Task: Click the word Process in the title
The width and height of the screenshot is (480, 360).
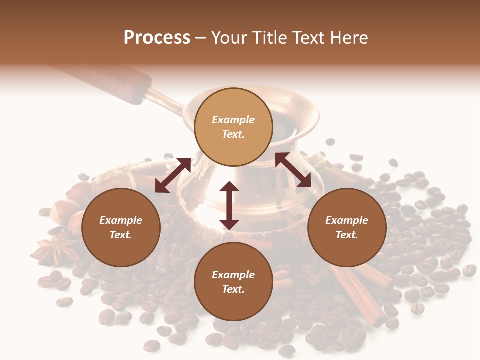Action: click(x=157, y=38)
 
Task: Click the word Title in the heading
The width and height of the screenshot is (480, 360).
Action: click(x=269, y=38)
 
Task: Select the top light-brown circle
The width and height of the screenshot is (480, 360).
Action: click(x=233, y=127)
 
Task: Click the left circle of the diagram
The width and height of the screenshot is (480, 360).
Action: click(x=121, y=227)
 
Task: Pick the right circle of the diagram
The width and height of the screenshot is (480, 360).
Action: click(x=347, y=227)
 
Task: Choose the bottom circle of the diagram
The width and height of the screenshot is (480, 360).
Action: click(x=233, y=282)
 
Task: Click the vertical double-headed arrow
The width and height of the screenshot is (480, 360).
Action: click(x=229, y=205)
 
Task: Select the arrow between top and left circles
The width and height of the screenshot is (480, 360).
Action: click(x=173, y=175)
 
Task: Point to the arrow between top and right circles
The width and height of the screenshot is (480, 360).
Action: click(x=293, y=170)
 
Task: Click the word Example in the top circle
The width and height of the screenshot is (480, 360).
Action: click(x=233, y=120)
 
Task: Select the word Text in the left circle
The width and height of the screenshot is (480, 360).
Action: click(x=121, y=235)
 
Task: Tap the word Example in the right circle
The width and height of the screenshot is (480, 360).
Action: click(x=347, y=220)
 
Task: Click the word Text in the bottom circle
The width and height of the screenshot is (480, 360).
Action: click(x=233, y=289)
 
